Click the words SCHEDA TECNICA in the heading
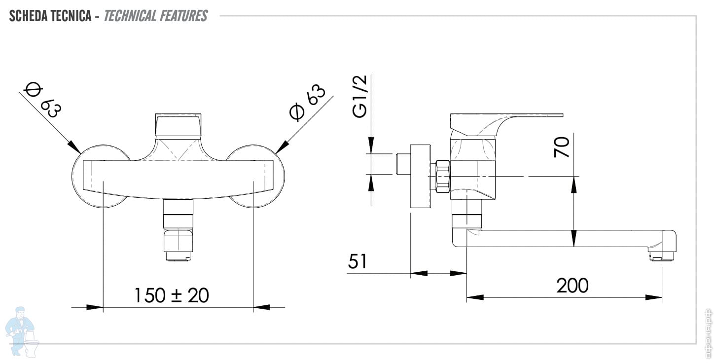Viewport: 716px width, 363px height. tap(50, 16)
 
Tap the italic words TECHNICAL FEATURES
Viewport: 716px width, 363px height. tap(156, 16)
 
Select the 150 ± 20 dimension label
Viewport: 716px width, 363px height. tap(172, 295)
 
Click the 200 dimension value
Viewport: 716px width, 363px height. tap(573, 285)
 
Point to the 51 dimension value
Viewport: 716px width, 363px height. tap(358, 261)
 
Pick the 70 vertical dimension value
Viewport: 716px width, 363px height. tap(562, 147)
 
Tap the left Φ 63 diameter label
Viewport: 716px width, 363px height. tap(42, 100)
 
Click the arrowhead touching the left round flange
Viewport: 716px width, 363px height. tap(74, 147)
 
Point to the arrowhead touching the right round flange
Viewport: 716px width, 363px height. tap(282, 146)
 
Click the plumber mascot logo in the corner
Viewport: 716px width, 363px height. tap(23, 330)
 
